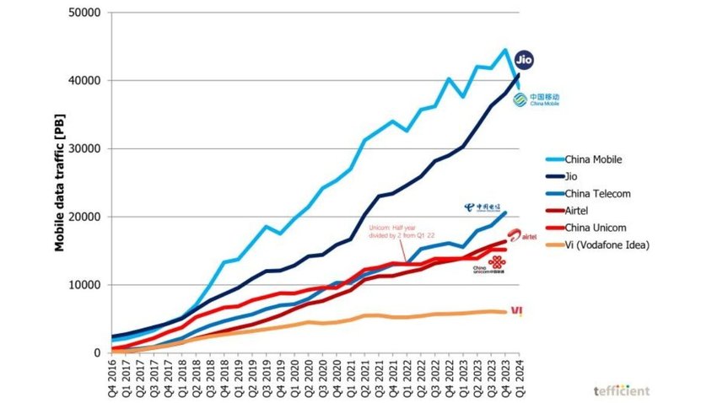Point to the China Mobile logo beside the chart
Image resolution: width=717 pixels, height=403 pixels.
tap(536, 99)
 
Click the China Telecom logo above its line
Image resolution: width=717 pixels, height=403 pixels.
tap(486, 207)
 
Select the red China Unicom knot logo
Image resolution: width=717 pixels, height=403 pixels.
tap(499, 262)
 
